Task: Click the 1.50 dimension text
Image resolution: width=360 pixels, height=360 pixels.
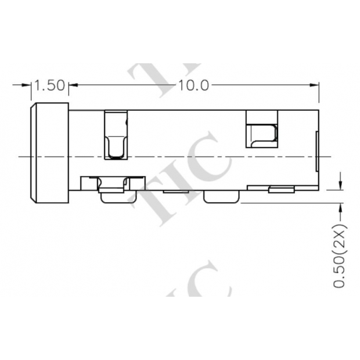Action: click(49, 85)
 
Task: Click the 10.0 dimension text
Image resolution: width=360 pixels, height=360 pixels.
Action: click(193, 85)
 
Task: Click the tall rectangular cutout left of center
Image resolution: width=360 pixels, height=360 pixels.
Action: click(116, 135)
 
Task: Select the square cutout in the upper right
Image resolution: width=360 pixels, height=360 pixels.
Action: click(262, 128)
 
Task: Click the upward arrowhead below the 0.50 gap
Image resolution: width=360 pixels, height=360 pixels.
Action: click(340, 208)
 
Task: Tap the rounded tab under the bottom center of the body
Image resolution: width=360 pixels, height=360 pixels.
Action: click(221, 197)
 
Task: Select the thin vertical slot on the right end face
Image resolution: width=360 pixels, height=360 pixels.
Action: click(316, 151)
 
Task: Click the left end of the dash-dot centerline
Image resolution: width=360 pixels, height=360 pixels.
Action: click(20, 156)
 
